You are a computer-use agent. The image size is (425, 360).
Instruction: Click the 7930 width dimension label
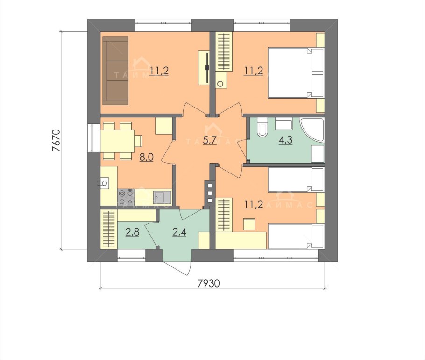pos(208,283)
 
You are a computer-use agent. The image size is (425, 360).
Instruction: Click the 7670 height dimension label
pos(56,140)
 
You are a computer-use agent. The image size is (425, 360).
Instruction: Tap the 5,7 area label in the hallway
pos(210,140)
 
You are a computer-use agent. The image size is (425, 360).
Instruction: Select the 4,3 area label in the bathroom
pos(286,140)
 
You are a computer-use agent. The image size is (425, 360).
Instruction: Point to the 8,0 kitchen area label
pos(146,157)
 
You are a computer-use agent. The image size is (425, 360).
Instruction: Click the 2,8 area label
pos(132,232)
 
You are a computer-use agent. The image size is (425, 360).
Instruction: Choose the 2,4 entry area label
pos(179,232)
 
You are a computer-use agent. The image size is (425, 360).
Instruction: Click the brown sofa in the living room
pos(115,71)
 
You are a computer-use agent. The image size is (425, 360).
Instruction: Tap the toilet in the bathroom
pos(262,127)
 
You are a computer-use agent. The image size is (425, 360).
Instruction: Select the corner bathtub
pos(313,130)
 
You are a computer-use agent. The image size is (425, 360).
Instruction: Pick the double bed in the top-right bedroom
pos(296,73)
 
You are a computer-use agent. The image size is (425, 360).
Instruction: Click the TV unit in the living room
pos(204,68)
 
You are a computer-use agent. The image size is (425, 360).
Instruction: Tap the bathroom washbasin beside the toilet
pos(284,124)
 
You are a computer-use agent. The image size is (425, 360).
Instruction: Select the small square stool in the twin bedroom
pos(249,224)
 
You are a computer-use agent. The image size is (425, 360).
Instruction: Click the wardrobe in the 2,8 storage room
pos(109,229)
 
